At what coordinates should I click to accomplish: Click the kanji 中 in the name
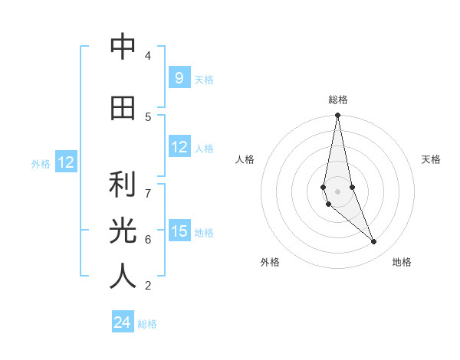(x=123, y=47)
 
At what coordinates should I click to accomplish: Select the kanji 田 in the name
(x=123, y=108)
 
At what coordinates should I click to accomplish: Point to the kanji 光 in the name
(x=123, y=231)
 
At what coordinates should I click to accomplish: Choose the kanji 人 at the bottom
(x=123, y=277)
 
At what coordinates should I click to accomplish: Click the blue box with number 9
(x=179, y=77)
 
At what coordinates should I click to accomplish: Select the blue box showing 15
(x=179, y=231)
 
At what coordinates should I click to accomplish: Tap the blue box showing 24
(x=123, y=322)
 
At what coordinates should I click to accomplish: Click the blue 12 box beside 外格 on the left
(x=66, y=162)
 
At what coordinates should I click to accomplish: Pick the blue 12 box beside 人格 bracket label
(x=179, y=147)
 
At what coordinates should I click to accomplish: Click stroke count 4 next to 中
(x=147, y=56)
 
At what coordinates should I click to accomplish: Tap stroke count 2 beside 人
(x=147, y=286)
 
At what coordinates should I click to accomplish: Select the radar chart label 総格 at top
(x=337, y=100)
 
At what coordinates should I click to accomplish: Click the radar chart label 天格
(x=431, y=159)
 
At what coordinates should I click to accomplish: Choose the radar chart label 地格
(x=402, y=262)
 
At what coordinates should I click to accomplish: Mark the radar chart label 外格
(x=270, y=262)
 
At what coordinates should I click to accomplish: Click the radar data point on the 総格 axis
(x=337, y=116)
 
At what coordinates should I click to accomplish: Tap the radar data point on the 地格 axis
(x=374, y=242)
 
